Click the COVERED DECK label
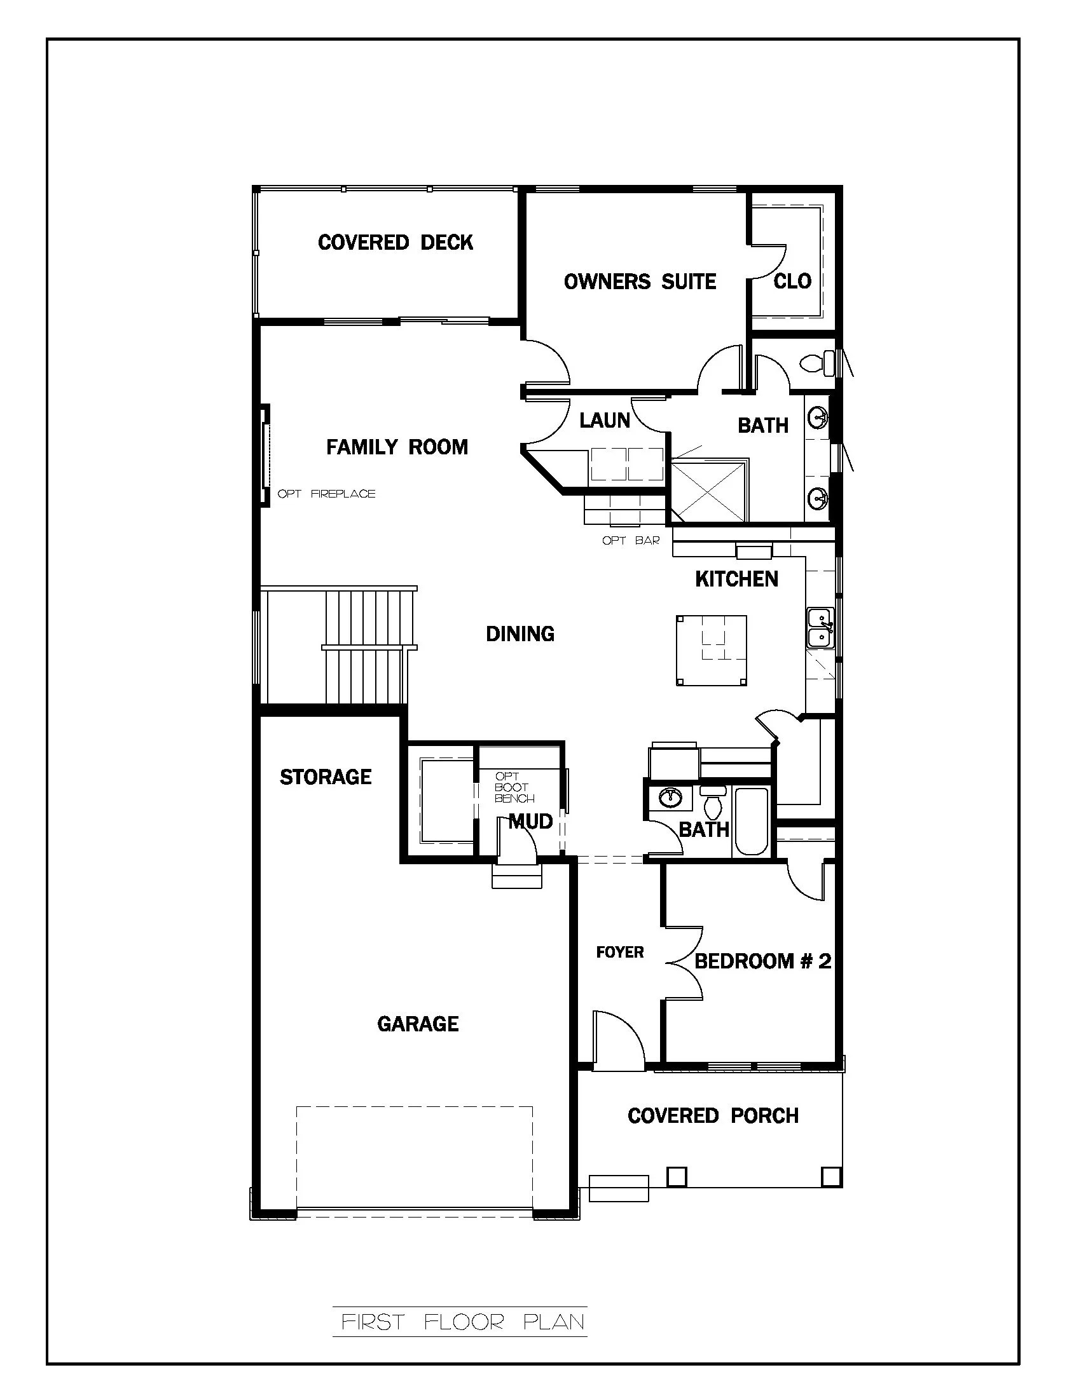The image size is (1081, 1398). (395, 243)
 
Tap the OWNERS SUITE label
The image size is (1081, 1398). (639, 282)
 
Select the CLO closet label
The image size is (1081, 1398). (792, 281)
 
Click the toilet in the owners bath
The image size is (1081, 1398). (816, 363)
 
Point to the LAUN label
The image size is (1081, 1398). (605, 421)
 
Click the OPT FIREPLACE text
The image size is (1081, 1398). (327, 494)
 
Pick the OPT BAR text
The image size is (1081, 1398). (631, 540)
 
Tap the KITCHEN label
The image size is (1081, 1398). (736, 580)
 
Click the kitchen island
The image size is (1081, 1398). (712, 650)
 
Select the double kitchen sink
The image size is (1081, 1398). (819, 628)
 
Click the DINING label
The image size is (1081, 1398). (520, 634)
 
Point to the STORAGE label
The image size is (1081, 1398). (326, 777)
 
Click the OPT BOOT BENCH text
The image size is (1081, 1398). (514, 787)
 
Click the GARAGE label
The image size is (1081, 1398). (418, 1024)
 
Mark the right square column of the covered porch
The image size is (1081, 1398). (830, 1176)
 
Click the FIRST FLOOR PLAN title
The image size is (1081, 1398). (462, 1322)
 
